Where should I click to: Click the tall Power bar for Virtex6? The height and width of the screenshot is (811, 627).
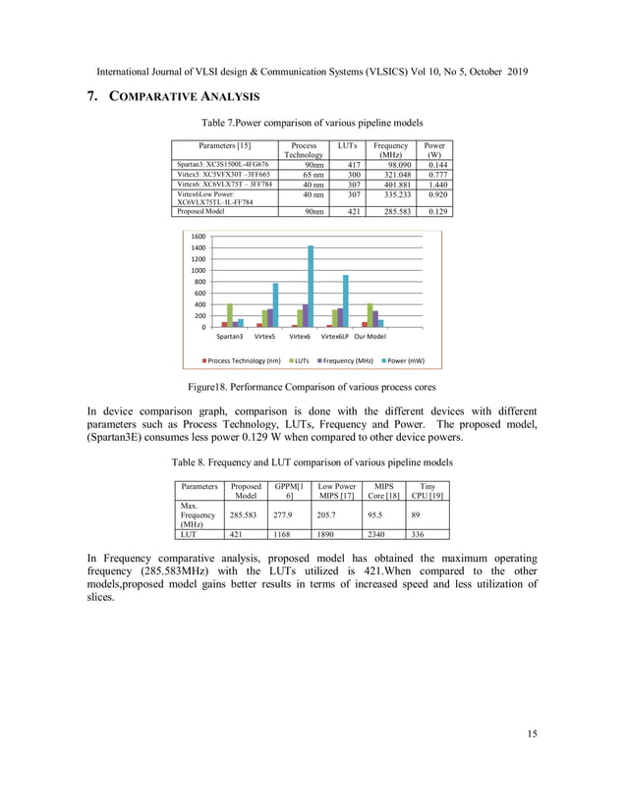(311, 286)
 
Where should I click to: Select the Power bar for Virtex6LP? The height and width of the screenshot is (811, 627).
(345, 300)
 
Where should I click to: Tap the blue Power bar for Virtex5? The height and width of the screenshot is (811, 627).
(276, 304)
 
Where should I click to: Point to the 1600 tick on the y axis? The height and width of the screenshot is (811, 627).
(198, 237)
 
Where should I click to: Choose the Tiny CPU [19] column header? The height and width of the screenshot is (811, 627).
(427, 491)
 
